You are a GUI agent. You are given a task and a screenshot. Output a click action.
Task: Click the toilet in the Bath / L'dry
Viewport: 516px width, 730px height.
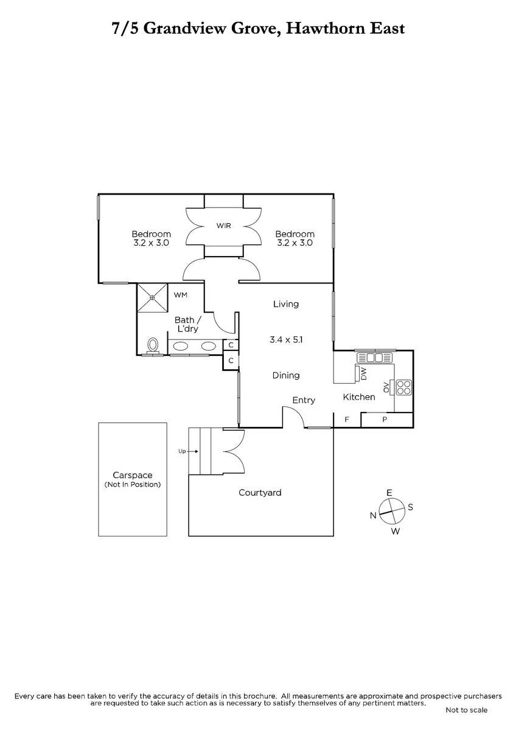[153, 346]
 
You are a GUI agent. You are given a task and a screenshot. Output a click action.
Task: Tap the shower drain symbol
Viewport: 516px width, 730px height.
[152, 297]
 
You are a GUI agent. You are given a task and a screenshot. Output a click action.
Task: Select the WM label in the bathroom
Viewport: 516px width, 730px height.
[180, 295]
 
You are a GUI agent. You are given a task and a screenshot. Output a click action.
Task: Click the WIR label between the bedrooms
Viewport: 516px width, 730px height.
[223, 226]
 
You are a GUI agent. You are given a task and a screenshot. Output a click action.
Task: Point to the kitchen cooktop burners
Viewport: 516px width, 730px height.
[403, 388]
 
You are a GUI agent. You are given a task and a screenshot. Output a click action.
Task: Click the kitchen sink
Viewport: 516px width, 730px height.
[374, 358]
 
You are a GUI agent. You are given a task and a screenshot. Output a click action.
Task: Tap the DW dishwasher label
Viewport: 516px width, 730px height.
[364, 374]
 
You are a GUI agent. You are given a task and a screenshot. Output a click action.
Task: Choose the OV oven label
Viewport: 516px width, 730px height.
[386, 387]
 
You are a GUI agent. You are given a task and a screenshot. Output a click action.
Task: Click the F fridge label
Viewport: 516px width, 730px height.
[347, 419]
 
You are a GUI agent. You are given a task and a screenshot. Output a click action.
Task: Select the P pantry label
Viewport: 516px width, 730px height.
[385, 419]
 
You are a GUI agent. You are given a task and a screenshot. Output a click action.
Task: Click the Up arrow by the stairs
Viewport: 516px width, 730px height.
[192, 451]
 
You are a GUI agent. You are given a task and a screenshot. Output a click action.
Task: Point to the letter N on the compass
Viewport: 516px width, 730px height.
[373, 515]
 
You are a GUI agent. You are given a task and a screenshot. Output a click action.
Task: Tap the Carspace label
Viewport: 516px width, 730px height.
[132, 475]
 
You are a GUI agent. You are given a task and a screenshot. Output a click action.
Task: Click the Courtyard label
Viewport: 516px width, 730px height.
[260, 492]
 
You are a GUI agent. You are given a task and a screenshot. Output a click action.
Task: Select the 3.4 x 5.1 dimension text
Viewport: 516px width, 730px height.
[286, 339]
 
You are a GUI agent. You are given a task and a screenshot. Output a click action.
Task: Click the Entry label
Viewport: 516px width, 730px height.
[304, 400]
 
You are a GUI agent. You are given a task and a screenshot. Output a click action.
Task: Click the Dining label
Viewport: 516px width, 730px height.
[286, 375]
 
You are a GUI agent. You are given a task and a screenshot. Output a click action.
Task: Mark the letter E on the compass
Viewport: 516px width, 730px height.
[389, 493]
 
